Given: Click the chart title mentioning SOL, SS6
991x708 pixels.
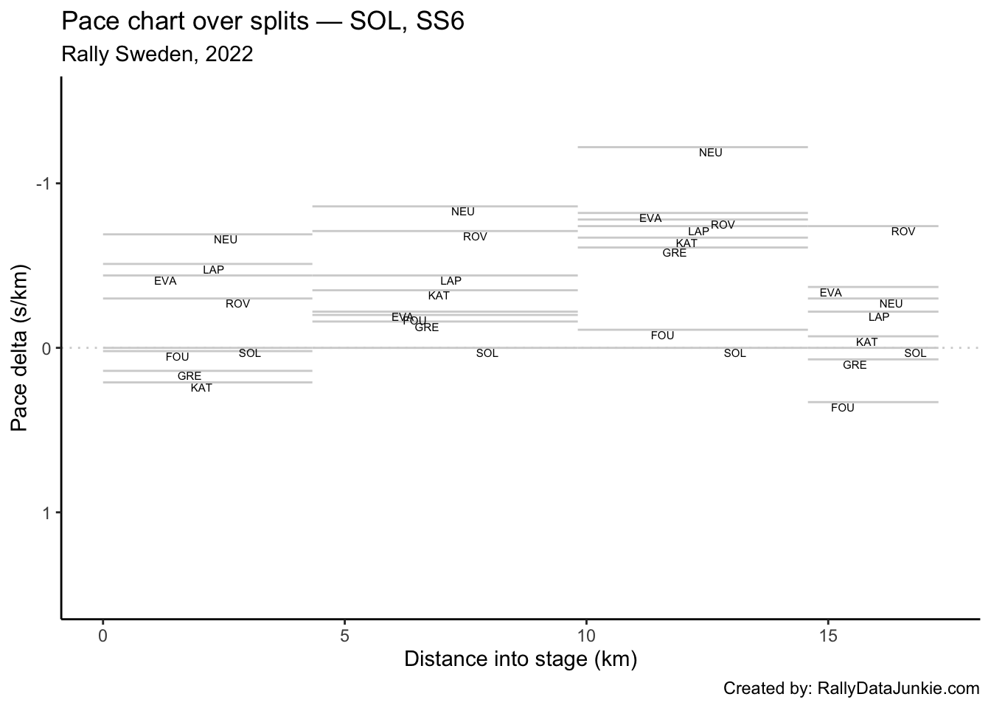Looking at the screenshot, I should [x=262, y=22].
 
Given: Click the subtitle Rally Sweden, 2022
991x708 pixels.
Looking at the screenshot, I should [x=158, y=54].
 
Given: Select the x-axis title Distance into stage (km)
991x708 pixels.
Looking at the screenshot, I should [x=521, y=659].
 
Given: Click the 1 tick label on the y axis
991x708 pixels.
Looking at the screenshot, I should [x=46, y=513].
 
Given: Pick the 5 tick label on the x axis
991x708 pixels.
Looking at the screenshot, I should [x=344, y=635].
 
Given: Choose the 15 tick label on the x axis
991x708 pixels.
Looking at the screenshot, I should [x=828, y=635].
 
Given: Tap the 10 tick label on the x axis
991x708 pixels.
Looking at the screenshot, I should [x=586, y=635].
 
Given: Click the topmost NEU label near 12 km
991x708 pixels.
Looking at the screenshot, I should [x=711, y=153].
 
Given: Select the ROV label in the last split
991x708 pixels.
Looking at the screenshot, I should [x=903, y=232].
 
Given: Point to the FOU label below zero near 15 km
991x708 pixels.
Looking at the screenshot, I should [x=843, y=408].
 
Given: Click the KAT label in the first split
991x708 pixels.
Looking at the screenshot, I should [x=201, y=388].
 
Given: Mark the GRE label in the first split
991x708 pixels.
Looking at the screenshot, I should [x=189, y=376].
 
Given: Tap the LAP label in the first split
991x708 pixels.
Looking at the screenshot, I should [x=214, y=270].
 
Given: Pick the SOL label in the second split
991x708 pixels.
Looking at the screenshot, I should [x=487, y=353].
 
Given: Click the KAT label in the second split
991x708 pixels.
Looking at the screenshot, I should [x=439, y=296].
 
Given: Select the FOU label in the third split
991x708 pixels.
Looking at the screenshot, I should [x=663, y=336].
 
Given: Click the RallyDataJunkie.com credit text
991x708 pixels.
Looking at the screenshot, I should [x=852, y=688].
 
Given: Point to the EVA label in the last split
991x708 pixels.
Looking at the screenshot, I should [x=831, y=293].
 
